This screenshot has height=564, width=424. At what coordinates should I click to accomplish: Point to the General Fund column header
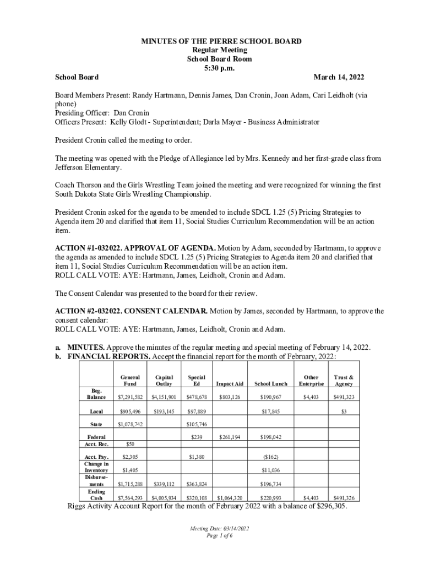[130, 380]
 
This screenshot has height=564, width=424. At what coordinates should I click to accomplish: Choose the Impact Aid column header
[230, 383]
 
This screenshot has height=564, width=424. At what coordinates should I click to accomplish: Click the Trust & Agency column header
[344, 380]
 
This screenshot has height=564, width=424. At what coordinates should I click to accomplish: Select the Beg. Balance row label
[96, 393]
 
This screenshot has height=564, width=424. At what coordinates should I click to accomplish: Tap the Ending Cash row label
[96, 495]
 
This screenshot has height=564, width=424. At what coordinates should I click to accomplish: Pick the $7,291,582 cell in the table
[131, 397]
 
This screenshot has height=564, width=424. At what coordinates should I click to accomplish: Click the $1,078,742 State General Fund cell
[131, 424]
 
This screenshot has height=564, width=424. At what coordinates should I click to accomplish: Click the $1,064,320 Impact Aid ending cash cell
[230, 498]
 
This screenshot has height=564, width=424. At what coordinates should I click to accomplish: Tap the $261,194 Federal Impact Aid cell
[230, 437]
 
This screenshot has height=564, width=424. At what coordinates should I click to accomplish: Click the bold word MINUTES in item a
[86, 348]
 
